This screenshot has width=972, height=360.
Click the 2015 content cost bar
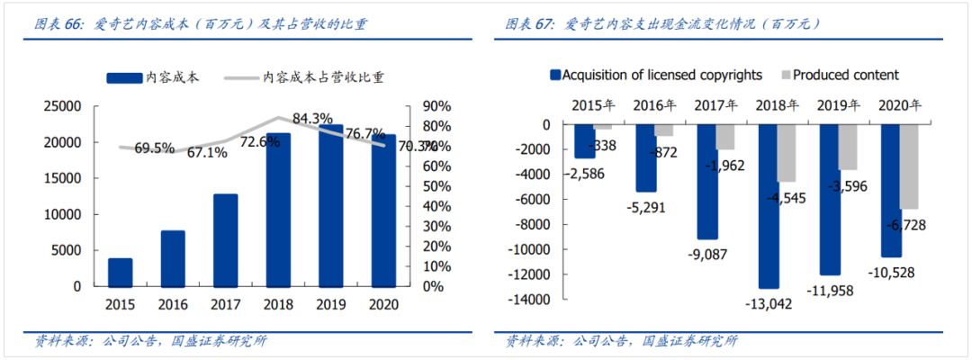[120, 272]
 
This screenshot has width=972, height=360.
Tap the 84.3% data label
[312, 118]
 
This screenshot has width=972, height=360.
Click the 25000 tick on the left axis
[62, 106]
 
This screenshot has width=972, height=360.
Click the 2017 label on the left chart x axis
[225, 304]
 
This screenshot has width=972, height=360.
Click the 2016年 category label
[655, 105]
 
